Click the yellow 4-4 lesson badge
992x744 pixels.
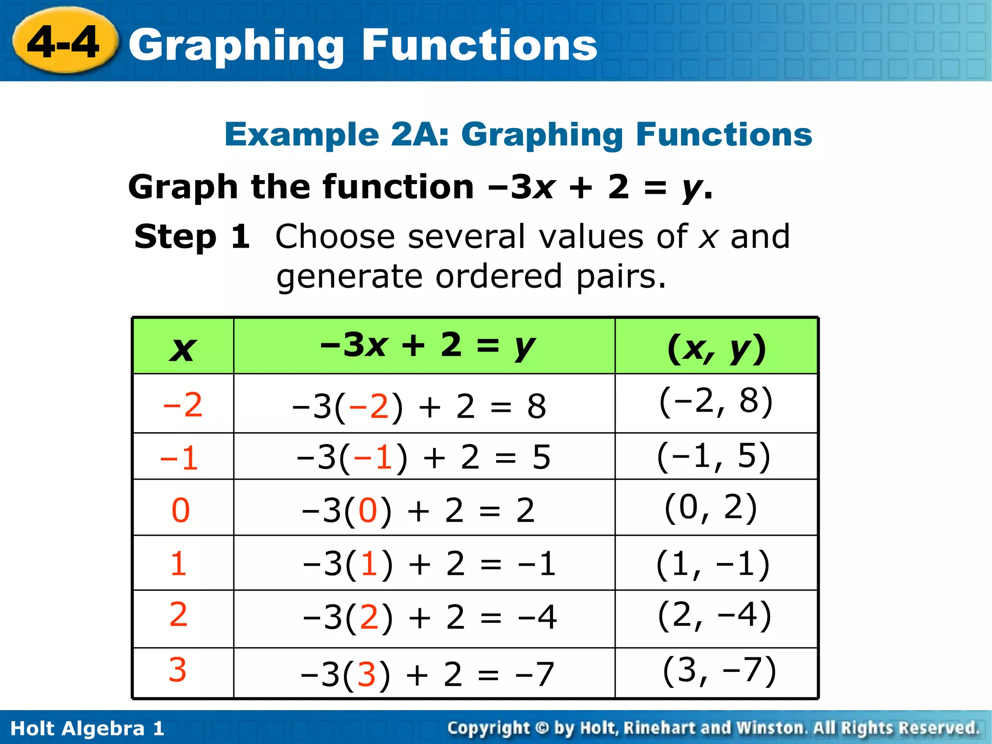tap(64, 42)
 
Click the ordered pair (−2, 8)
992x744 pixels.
tap(716, 402)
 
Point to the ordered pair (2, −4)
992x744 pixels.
tap(714, 615)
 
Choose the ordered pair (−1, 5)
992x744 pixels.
tap(713, 456)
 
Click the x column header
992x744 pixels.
tap(183, 348)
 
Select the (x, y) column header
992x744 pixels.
tap(716, 348)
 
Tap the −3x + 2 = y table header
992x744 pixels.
tap(427, 346)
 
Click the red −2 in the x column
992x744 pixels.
tap(183, 404)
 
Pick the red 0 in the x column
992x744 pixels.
tap(181, 510)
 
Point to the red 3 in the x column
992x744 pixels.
tap(178, 670)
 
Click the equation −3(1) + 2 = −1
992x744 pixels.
tap(429, 564)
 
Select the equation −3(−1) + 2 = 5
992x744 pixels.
tap(423, 457)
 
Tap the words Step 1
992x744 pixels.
tap(192, 237)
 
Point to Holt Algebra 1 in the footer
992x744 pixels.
tap(87, 728)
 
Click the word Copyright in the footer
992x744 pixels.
tap(489, 728)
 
